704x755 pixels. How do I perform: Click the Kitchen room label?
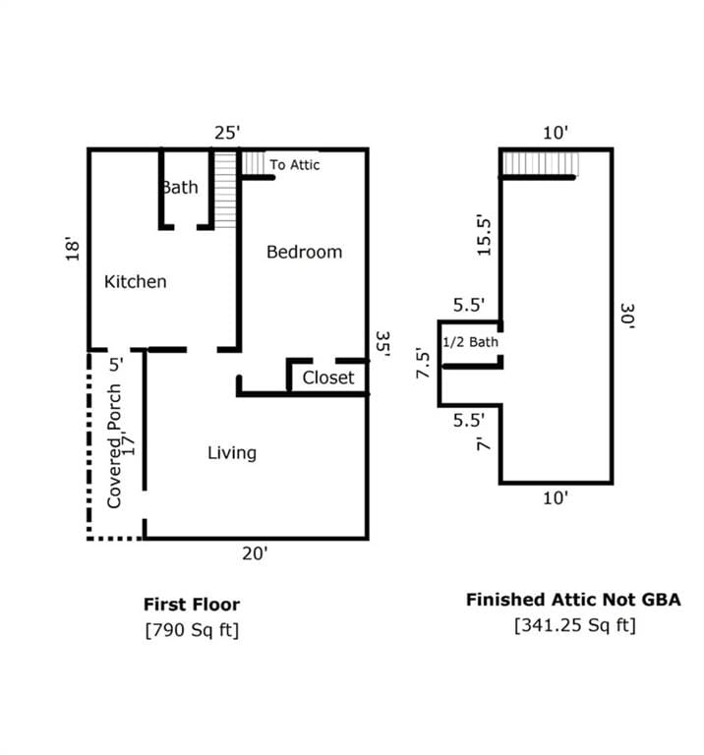[136, 282]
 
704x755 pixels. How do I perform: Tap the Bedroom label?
[305, 252]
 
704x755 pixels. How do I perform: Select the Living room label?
[232, 453]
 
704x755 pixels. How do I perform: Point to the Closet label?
[328, 377]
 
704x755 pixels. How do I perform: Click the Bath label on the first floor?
[180, 187]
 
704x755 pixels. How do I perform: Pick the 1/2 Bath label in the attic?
[471, 342]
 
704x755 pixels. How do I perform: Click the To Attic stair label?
[295, 165]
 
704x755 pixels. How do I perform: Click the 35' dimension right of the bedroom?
[382, 343]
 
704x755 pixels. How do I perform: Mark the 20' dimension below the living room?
[256, 554]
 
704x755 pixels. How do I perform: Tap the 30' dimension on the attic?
[627, 316]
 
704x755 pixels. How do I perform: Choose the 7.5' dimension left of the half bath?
[424, 364]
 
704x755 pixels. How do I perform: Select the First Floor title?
[192, 605]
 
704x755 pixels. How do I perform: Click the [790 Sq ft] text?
[192, 629]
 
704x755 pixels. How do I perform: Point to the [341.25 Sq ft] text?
[574, 624]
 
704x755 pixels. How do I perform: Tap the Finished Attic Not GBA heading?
[573, 600]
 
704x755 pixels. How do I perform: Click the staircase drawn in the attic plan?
[540, 163]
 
